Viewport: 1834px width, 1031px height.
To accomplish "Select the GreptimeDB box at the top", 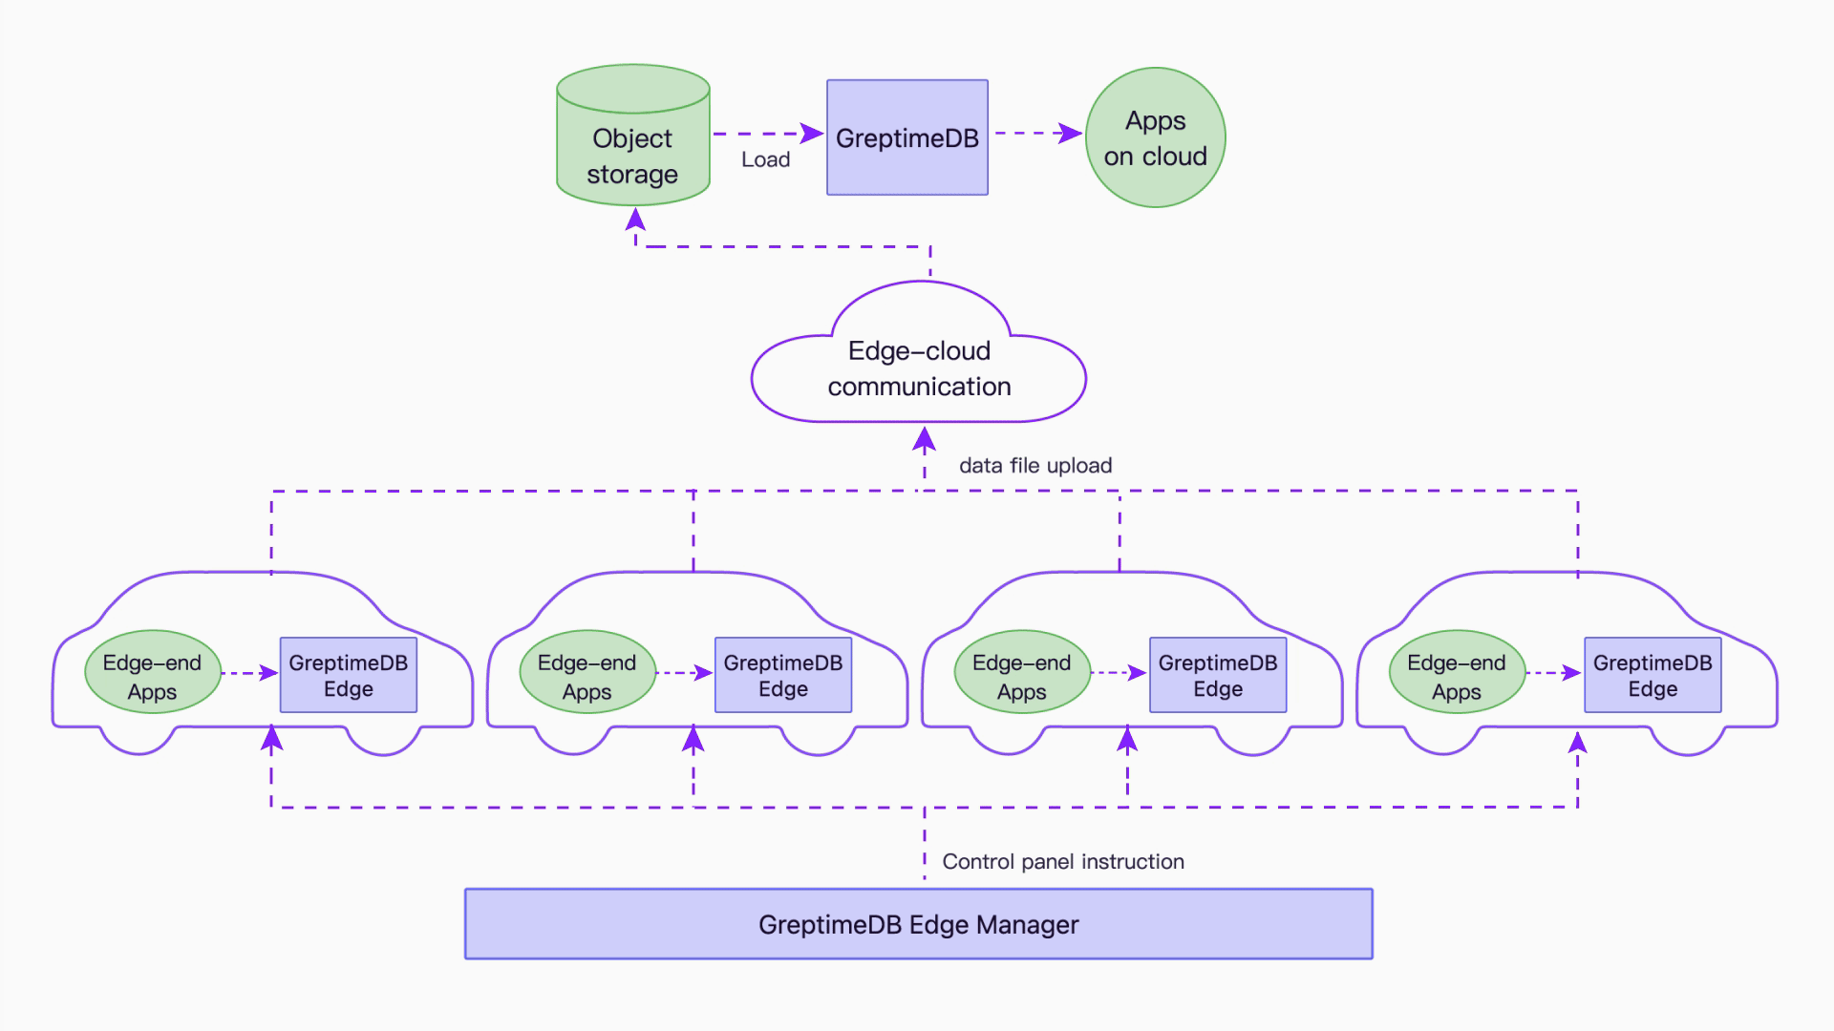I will [x=906, y=137].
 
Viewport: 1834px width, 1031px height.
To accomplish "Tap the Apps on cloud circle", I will [x=1155, y=137].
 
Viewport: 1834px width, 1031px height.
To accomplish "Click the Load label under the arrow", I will [x=765, y=159].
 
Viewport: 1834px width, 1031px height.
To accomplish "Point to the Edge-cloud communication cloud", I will [x=918, y=368].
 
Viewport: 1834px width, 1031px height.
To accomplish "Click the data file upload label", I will [x=1035, y=466].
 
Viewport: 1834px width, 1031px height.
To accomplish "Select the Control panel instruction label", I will [x=1062, y=861].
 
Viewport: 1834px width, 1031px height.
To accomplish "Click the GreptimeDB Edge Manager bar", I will [x=918, y=924].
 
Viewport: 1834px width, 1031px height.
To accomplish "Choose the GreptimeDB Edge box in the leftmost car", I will [x=348, y=675].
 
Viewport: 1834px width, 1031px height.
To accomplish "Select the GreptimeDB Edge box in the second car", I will [x=782, y=675].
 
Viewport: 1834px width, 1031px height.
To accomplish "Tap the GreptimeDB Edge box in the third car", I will [x=1218, y=675].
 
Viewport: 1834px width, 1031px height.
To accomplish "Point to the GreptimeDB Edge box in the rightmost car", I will [x=1653, y=675].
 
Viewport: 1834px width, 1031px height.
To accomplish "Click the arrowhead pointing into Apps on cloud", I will [x=1070, y=134].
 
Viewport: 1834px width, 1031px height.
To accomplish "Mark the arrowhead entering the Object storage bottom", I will [x=635, y=221].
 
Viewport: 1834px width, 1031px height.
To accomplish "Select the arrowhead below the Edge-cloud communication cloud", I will [x=924, y=439].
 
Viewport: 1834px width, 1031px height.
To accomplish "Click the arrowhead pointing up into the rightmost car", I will [x=1578, y=742].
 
